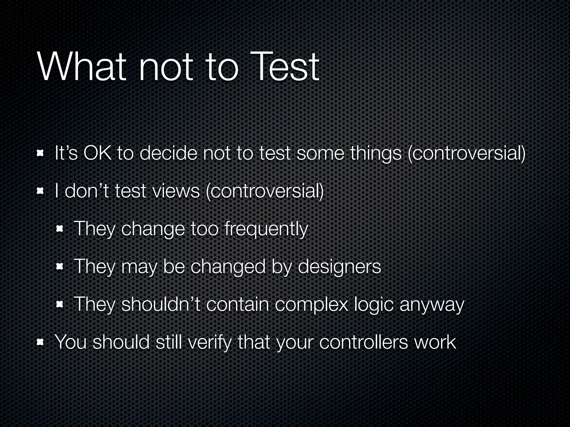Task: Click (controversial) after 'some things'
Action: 466,153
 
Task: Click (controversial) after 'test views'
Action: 264,191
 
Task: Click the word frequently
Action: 266,229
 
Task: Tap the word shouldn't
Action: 161,304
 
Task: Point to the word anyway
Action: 432,304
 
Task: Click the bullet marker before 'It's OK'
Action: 41,154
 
